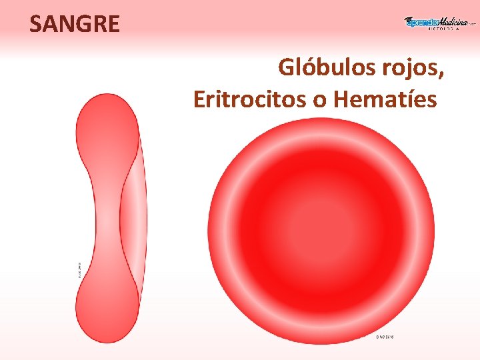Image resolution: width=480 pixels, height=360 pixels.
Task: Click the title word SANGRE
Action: [x=75, y=25]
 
